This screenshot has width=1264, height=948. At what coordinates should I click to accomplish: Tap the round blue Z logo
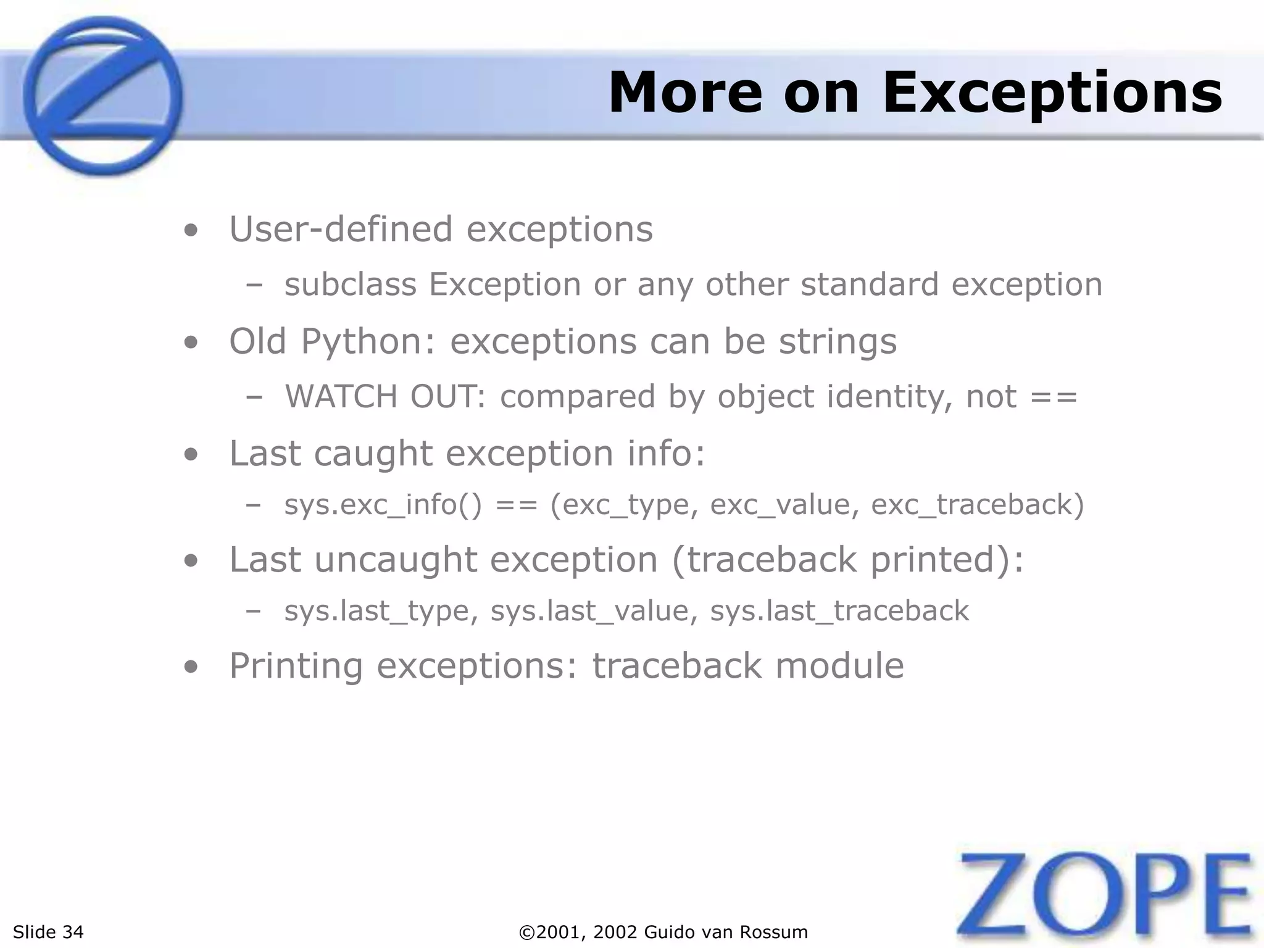click(102, 96)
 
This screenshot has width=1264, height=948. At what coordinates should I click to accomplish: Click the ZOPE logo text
click(1105, 895)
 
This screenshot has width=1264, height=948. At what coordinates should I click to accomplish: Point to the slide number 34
click(73, 932)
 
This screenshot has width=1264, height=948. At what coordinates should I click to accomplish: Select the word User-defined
click(341, 230)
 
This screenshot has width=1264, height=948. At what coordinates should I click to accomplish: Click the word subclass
click(350, 285)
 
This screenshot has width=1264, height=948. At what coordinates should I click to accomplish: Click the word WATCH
click(341, 396)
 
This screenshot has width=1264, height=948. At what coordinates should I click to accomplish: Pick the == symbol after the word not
click(1054, 397)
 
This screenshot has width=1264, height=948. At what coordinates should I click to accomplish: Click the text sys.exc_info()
click(382, 505)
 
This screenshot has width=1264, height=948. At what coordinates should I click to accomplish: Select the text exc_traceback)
click(977, 505)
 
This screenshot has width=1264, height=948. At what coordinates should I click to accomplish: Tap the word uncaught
click(396, 560)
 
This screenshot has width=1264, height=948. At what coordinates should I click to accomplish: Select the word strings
click(838, 343)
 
